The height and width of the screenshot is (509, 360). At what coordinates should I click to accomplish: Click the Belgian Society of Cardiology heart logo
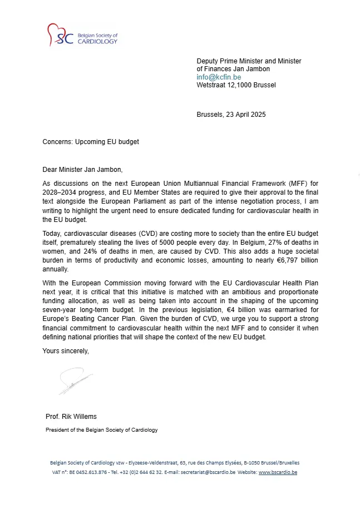click(x=57, y=35)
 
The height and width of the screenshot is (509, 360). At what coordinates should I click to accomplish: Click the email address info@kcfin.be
click(x=219, y=77)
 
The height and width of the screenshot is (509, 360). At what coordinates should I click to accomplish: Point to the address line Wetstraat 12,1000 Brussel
click(x=236, y=85)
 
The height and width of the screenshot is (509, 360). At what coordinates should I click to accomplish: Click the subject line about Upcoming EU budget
click(x=91, y=142)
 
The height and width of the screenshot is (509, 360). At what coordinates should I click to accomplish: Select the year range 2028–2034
click(x=62, y=192)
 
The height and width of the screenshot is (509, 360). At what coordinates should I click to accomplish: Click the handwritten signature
click(x=75, y=382)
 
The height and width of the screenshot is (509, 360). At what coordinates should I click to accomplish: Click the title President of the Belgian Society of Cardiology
click(x=101, y=430)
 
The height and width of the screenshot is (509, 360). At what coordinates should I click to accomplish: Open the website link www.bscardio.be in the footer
click(x=278, y=472)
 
